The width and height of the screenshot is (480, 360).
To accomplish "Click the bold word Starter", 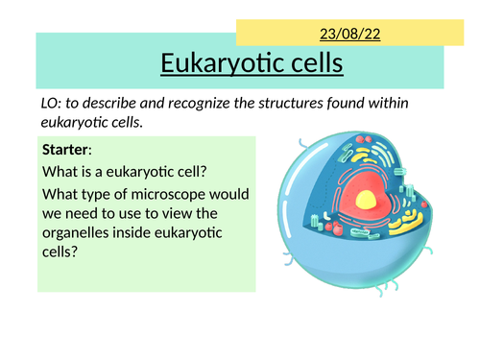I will (x=67, y=150).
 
